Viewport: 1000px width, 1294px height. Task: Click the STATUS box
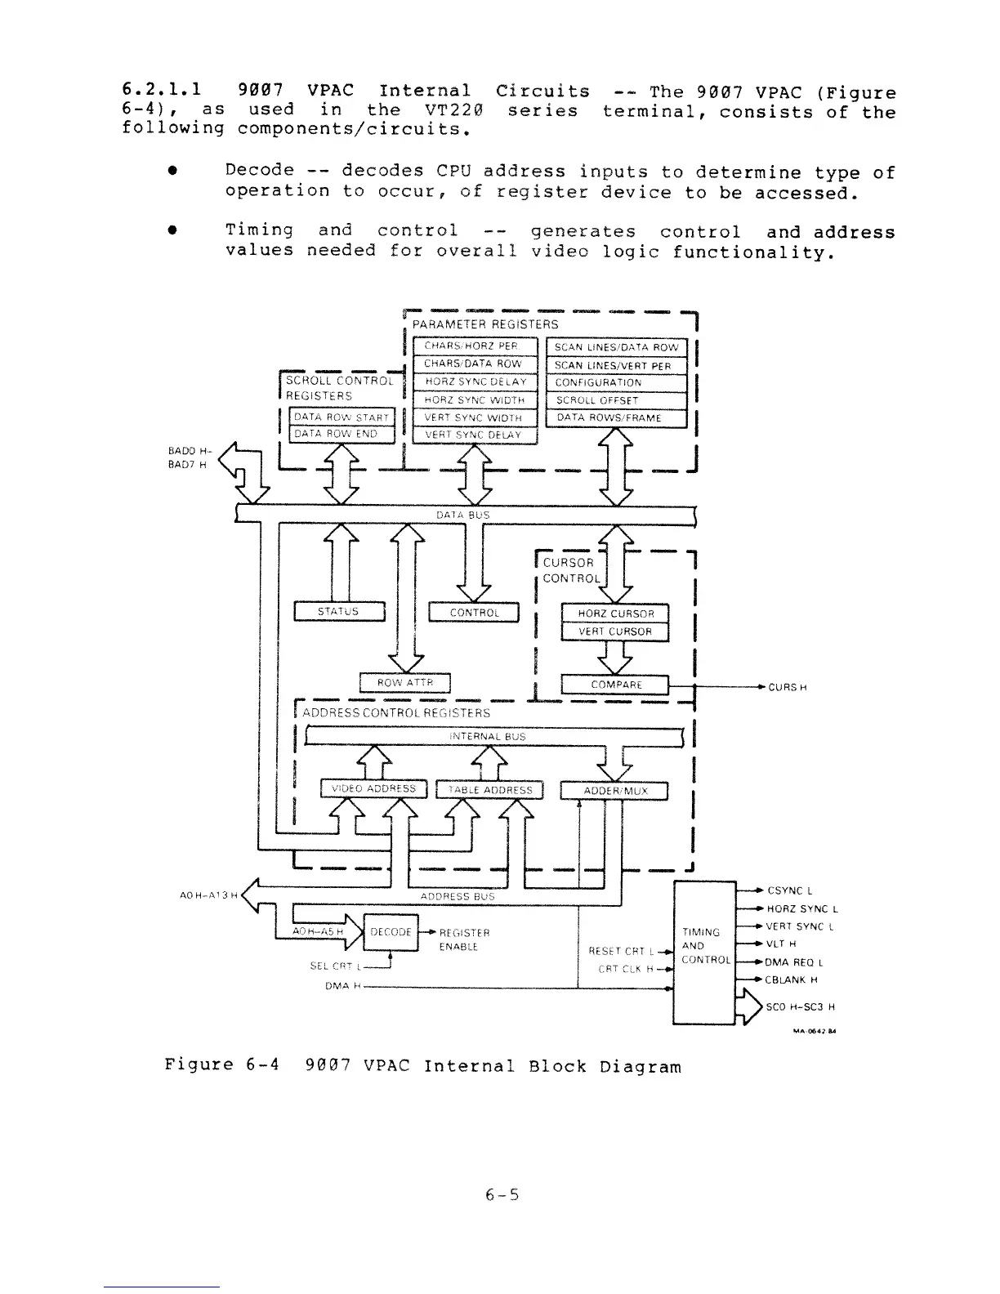338,611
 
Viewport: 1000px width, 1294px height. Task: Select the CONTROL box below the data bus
474,612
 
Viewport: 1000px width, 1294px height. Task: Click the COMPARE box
615,685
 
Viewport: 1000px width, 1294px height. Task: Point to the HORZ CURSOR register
615,614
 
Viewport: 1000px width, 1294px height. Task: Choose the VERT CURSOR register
615,631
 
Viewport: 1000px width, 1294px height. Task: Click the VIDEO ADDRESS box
373,789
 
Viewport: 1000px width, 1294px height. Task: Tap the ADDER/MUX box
614,791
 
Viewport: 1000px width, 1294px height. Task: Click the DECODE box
390,932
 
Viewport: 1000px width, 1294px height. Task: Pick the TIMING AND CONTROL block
703,953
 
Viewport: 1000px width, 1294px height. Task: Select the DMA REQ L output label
793,962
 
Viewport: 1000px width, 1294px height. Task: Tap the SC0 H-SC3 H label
801,1006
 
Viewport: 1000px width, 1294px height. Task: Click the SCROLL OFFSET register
616,400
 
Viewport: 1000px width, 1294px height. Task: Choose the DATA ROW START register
337,417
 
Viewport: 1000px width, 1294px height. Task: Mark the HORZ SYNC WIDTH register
475,400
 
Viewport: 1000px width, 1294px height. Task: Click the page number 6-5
502,1196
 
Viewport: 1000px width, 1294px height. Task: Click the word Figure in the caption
199,1065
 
